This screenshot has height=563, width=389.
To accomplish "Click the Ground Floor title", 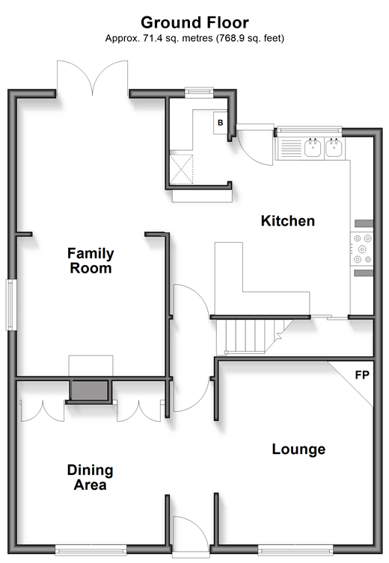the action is click(194, 22).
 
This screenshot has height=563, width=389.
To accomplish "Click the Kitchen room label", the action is click(288, 221).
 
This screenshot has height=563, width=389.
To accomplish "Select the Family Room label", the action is click(91, 261).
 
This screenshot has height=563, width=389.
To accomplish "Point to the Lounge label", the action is click(298, 450).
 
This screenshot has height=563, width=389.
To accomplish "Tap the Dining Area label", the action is click(91, 477).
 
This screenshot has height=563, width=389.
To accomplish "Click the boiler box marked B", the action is click(220, 122).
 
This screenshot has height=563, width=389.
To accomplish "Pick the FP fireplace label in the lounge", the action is click(362, 375).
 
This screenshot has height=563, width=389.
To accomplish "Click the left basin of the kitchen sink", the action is click(313, 148).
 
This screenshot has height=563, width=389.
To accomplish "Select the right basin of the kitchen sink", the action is click(334, 148).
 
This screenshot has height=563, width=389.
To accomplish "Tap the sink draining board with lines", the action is click(291, 149).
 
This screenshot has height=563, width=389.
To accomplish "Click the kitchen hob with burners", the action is click(362, 249).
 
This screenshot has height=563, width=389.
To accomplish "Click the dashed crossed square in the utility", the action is click(181, 169).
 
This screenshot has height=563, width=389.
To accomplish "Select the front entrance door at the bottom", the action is click(191, 535).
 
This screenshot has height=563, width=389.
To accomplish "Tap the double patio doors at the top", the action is click(93, 78).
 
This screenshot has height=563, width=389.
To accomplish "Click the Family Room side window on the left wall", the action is click(11, 305).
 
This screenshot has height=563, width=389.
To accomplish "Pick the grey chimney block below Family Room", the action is click(89, 391).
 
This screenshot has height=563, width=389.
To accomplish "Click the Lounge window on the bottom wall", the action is click(295, 550).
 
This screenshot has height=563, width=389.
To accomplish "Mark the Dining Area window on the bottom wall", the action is click(91, 550).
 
